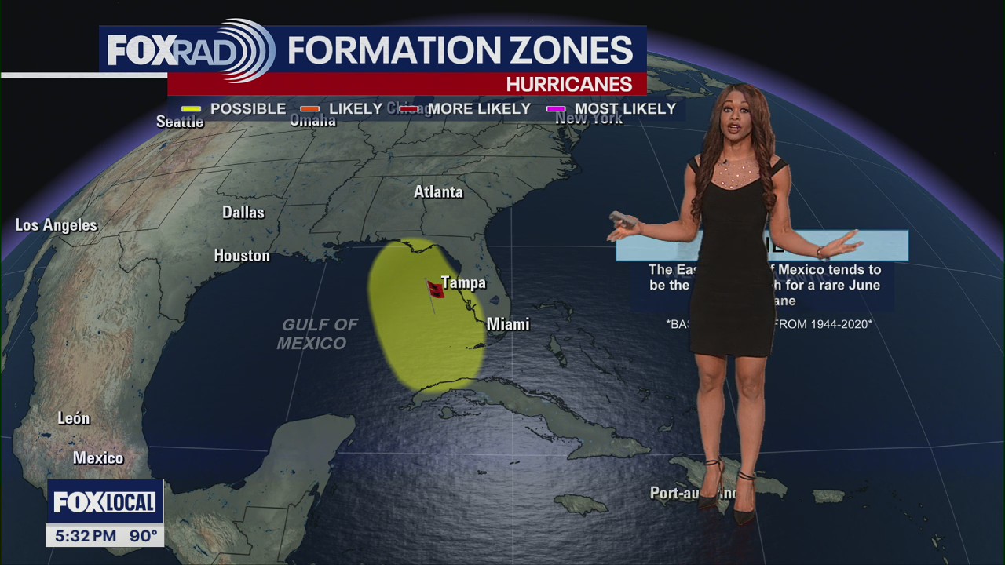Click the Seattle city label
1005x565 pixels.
(x=180, y=122)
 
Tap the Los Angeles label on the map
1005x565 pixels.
(x=57, y=225)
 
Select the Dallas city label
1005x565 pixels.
(x=243, y=213)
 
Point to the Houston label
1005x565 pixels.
(x=242, y=256)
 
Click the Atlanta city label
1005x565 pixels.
(x=438, y=192)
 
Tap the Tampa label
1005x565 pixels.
(x=463, y=282)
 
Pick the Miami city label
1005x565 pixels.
(x=508, y=324)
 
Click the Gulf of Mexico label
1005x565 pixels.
(x=317, y=334)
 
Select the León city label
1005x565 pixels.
(x=74, y=418)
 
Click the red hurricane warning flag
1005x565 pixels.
(x=435, y=290)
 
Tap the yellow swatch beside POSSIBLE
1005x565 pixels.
(x=192, y=109)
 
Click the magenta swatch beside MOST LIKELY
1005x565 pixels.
(x=556, y=109)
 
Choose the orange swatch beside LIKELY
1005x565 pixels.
(x=310, y=109)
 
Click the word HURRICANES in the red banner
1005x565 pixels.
(x=568, y=84)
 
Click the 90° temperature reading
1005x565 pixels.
(x=144, y=537)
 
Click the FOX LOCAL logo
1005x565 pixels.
(x=104, y=502)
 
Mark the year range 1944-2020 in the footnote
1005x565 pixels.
(x=835, y=323)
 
